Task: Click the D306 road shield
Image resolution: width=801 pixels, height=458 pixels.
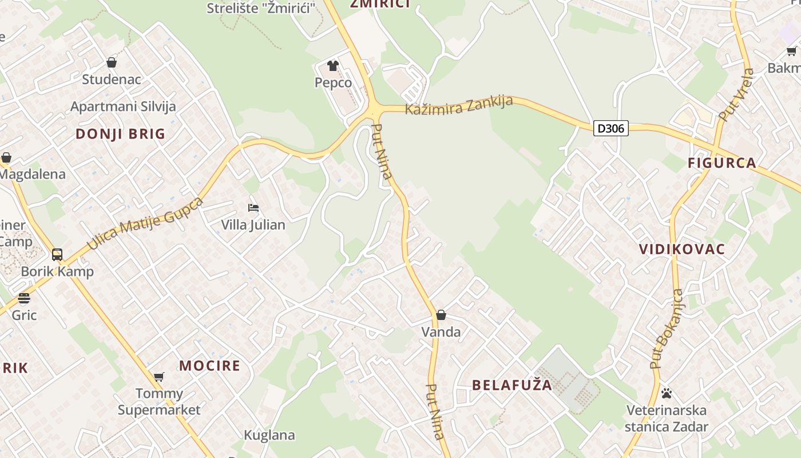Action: click(610, 128)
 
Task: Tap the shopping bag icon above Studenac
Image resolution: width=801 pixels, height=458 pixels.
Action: click(112, 62)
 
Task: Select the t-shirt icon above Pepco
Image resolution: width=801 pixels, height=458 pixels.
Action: click(333, 66)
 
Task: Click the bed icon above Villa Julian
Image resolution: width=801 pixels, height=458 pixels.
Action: click(253, 207)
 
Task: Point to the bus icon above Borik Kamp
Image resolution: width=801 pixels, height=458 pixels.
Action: click(57, 254)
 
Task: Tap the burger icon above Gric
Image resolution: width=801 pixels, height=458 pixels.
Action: click(23, 298)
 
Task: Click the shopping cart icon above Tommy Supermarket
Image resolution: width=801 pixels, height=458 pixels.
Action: click(159, 377)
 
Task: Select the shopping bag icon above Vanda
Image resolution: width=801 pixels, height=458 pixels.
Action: click(441, 315)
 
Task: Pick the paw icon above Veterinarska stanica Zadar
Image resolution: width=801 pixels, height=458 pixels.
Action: click(666, 393)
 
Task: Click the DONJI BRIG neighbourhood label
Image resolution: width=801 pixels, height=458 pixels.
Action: click(121, 134)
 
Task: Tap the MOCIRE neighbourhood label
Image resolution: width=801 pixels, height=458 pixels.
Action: click(210, 366)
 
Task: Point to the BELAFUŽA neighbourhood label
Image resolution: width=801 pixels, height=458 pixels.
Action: click(512, 385)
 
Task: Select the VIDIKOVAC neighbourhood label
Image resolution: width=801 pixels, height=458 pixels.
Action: click(682, 249)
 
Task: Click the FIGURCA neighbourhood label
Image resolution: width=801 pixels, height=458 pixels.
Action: click(722, 163)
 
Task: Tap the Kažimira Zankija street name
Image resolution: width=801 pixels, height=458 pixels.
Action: click(459, 105)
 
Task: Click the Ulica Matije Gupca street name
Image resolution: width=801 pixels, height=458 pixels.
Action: click(145, 224)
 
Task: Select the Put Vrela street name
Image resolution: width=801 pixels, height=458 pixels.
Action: click(736, 95)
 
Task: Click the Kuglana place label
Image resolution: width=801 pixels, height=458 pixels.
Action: click(269, 435)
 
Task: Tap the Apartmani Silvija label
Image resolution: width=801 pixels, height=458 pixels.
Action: click(123, 106)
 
